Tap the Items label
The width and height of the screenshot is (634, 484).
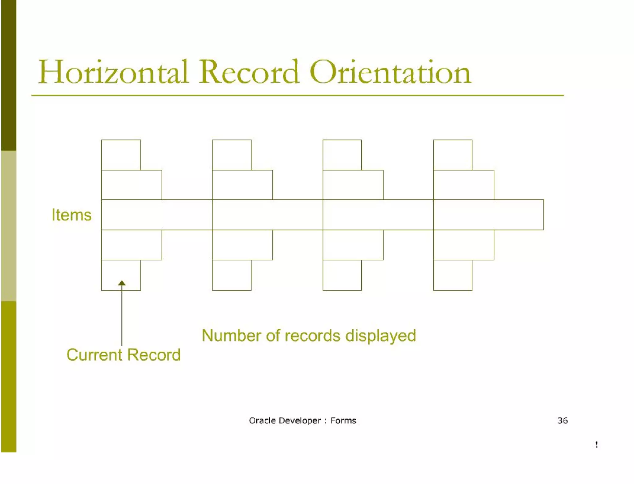tap(72, 215)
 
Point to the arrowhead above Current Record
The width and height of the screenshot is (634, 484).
tap(122, 283)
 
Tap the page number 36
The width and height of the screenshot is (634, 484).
tap(562, 421)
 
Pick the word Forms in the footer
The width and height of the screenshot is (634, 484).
tap(343, 421)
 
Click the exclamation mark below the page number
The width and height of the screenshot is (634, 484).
tap(596, 444)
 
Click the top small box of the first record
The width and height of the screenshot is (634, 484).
tap(121, 155)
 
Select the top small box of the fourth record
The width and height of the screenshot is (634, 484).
tap(453, 155)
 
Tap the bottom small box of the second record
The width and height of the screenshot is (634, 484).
tap(232, 275)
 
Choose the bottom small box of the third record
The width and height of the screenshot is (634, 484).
tap(342, 275)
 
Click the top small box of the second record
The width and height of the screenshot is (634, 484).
tap(232, 155)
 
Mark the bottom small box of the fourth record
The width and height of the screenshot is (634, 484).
tap(453, 275)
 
